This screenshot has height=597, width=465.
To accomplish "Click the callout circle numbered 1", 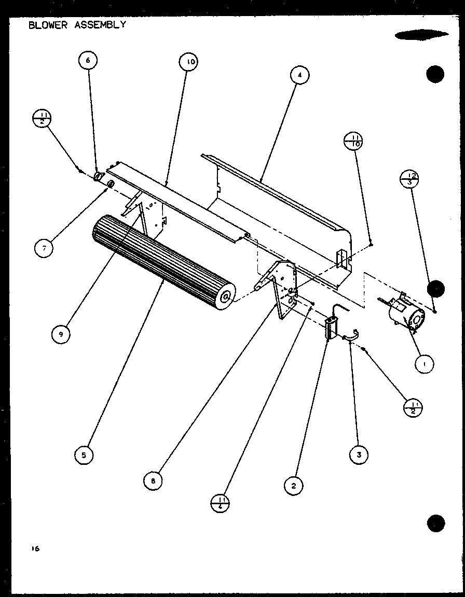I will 425,364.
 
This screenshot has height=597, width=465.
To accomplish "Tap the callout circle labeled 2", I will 294,486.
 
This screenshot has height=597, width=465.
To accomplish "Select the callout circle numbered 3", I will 359,454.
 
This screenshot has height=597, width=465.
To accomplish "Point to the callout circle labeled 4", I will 299,76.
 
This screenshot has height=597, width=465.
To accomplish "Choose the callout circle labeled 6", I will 88,61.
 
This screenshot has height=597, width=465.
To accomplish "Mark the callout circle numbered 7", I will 45,249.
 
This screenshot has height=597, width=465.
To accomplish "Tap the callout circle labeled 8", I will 153,480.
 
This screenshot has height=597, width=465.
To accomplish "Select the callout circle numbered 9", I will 61,334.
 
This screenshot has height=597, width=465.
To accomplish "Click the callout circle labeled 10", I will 189,63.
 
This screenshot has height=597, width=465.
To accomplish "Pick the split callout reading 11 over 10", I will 353,141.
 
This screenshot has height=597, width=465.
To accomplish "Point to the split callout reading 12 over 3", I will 410,179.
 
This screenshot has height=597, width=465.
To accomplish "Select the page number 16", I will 34,548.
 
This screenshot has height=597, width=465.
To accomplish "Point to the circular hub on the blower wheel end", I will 226,297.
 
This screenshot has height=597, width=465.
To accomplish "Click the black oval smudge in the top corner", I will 421,35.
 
